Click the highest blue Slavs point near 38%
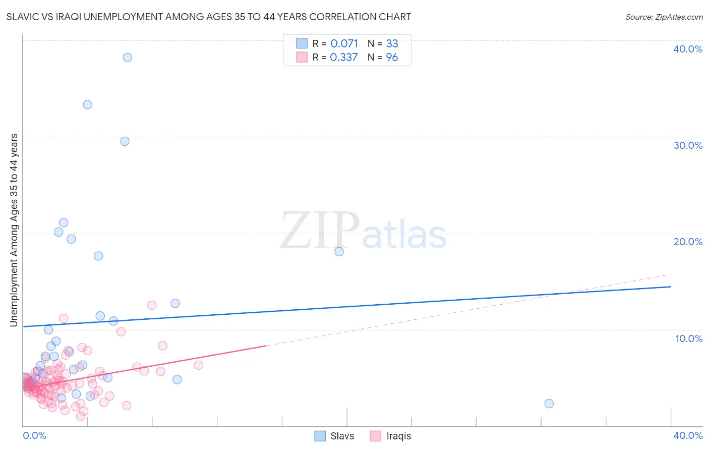coord(127,58)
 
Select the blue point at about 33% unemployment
coord(87,105)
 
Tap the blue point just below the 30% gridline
coord(125,141)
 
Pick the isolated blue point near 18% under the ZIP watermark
coord(339,251)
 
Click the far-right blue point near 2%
coord(549,404)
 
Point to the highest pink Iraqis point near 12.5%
coord(152,305)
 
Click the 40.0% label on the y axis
coord(688,49)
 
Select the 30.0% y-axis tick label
coord(688,145)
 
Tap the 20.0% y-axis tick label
coord(688,242)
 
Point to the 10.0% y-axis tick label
coord(688,339)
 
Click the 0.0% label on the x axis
coord(35,435)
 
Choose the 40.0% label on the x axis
coord(688,435)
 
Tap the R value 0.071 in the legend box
coord(344,44)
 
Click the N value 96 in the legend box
coord(392,58)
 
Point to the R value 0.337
coord(344,58)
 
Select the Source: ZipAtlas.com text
coord(664,17)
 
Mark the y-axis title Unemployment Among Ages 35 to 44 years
coord(14,230)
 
